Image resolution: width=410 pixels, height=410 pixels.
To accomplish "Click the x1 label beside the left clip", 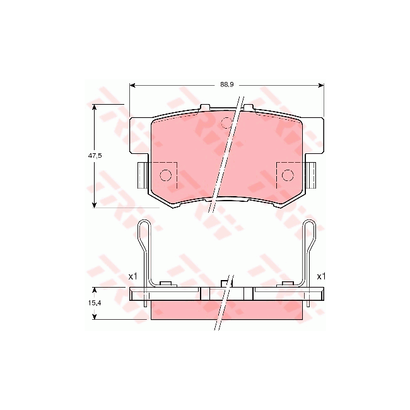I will coord(132,276).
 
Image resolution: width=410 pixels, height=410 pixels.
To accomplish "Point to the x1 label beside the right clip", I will coord(321,276).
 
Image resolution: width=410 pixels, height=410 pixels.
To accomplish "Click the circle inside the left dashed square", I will coord(167,175).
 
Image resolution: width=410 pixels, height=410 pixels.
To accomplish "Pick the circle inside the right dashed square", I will coord(288,175).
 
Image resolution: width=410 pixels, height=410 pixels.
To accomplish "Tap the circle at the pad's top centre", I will coord(226,122).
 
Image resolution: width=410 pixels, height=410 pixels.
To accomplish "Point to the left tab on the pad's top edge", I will coord(204,108).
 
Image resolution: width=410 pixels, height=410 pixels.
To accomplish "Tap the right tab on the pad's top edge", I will coord(249,108).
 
